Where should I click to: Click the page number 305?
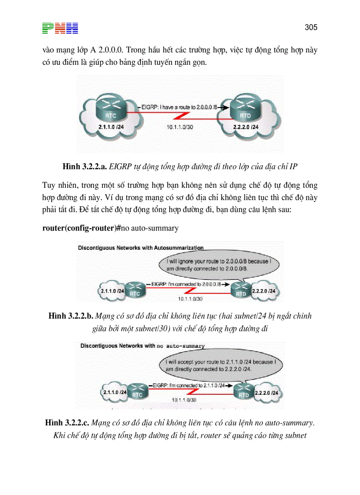tap(311, 27)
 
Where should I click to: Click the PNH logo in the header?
tap(60, 28)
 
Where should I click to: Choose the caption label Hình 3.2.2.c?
tap(67, 423)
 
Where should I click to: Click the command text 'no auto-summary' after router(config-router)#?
tap(150, 228)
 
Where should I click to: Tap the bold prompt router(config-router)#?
tap(82, 228)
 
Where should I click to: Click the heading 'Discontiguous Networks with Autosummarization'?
tap(141, 248)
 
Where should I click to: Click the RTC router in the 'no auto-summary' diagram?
tap(137, 391)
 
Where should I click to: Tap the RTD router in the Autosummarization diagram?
tap(241, 290)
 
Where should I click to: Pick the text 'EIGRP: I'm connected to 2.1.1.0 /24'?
tap(191, 385)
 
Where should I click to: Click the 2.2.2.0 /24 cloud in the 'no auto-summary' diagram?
tap(268, 392)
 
